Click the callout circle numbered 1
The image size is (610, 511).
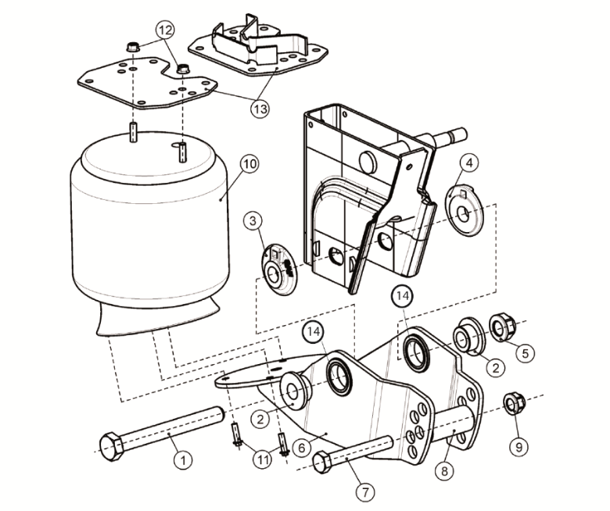183,460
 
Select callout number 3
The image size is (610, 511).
253,222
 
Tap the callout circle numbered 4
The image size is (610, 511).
468,163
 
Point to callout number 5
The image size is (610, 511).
523,352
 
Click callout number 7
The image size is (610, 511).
364,492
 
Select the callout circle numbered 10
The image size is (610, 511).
249,165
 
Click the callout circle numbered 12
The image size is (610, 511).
165,30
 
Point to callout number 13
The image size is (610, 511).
260,108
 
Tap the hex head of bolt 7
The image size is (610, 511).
321,463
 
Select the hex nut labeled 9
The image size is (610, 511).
512,403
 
